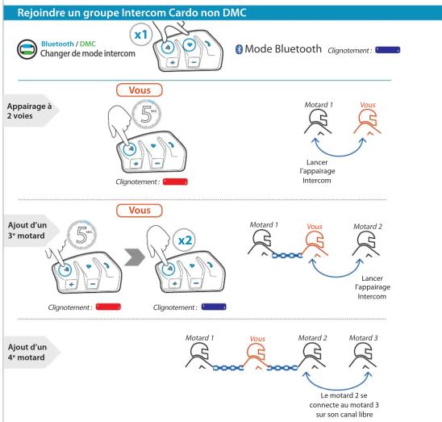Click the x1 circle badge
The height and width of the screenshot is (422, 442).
[x=141, y=35]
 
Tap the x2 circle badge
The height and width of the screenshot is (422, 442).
[x=185, y=240]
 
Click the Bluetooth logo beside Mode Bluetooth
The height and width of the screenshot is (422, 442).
[x=239, y=49]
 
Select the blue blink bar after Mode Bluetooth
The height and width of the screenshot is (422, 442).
[x=388, y=50]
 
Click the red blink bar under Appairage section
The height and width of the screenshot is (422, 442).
[x=175, y=182]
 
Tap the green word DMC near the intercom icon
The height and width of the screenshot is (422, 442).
[x=88, y=44]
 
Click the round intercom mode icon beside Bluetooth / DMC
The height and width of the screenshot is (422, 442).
[x=27, y=49]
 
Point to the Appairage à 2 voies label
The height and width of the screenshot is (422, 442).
[x=29, y=111]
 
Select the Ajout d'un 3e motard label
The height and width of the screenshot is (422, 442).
[x=27, y=230]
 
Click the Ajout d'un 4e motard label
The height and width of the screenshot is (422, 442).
[x=27, y=352]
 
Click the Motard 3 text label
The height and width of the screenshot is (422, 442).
[x=363, y=337]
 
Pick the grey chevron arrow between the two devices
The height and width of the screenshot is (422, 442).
[x=135, y=257]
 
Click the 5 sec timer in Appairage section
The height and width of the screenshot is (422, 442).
[x=147, y=115]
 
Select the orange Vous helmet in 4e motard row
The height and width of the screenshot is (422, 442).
[x=256, y=357]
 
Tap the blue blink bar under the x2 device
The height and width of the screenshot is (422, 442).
[x=214, y=307]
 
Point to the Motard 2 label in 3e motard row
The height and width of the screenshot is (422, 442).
[x=368, y=227]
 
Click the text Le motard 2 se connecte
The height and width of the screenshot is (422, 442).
[x=344, y=400]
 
